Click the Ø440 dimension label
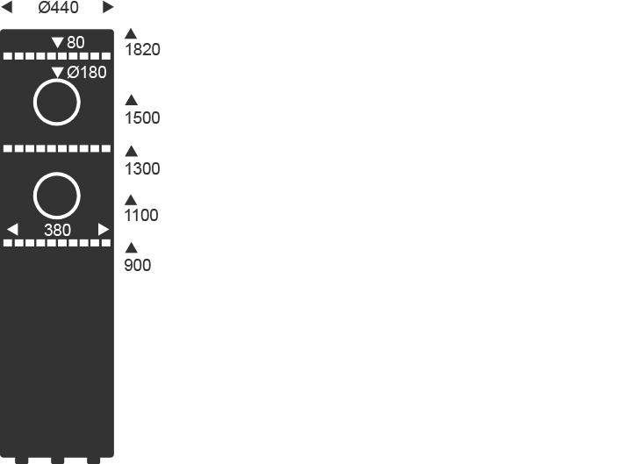click(x=58, y=8)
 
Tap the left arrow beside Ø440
click(x=7, y=8)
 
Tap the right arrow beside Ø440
click(x=109, y=8)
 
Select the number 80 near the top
click(x=75, y=42)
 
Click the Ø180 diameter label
click(x=87, y=72)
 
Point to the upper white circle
click(x=57, y=103)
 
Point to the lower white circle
click(x=57, y=196)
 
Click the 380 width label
click(x=57, y=230)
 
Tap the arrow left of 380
click(x=12, y=230)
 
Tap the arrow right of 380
click(x=104, y=230)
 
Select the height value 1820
click(x=142, y=50)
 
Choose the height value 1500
click(x=142, y=118)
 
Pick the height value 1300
click(x=142, y=168)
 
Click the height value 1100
click(x=141, y=215)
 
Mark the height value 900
click(x=138, y=265)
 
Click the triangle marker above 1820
click(x=132, y=33)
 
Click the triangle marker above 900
click(x=132, y=247)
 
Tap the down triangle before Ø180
click(x=58, y=72)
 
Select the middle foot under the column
click(x=58, y=460)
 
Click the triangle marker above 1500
click(x=132, y=100)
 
